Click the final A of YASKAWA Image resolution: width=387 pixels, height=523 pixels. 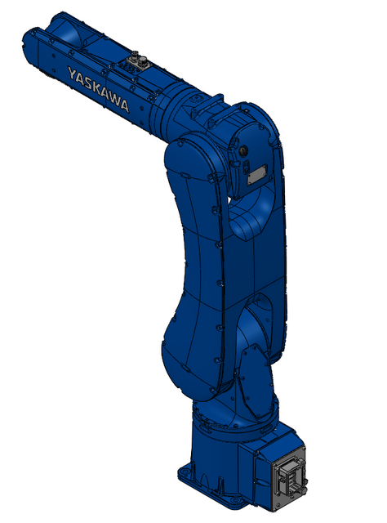pyautogui.click(x=123, y=105)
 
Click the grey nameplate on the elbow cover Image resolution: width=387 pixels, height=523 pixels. pyautogui.click(x=257, y=173)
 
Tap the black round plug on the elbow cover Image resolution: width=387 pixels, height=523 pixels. pyautogui.click(x=244, y=150)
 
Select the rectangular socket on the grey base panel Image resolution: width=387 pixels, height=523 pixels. pyautogui.click(x=288, y=478)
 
